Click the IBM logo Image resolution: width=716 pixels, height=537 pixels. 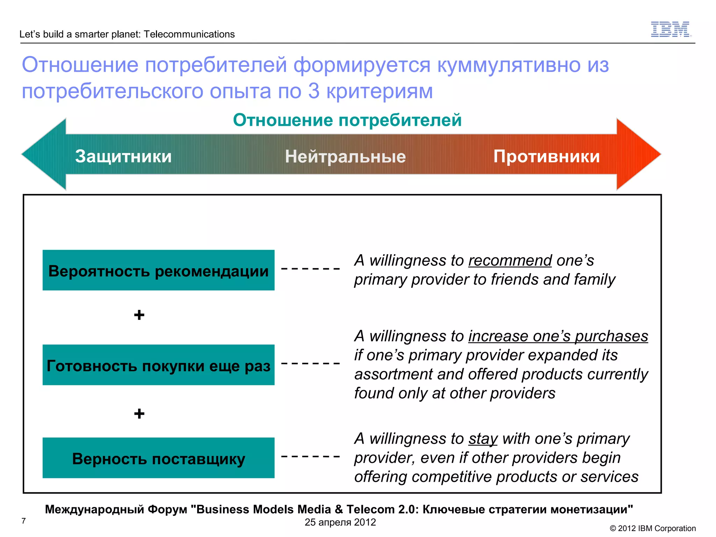670,29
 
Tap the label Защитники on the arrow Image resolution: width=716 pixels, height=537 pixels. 123,156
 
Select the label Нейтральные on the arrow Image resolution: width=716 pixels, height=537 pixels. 345,156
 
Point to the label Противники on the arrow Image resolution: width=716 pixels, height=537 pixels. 546,156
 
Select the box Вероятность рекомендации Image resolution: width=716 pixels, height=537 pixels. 158,270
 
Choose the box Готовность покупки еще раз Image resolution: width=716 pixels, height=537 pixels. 158,365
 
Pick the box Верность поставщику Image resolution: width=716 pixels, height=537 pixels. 158,458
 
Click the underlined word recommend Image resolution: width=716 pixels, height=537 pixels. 510,261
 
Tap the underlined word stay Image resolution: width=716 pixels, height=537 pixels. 483,439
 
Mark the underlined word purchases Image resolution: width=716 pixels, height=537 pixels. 611,336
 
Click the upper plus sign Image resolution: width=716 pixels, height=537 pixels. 139,315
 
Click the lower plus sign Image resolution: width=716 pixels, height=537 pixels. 139,414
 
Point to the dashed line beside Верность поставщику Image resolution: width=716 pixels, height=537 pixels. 310,456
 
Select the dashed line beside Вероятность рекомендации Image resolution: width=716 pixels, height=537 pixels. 310,268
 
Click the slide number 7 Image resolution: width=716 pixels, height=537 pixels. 23,521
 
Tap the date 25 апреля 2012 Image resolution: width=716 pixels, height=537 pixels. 340,522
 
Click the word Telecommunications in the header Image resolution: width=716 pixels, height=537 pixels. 189,34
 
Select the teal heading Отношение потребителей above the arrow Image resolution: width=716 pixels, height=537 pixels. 347,120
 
